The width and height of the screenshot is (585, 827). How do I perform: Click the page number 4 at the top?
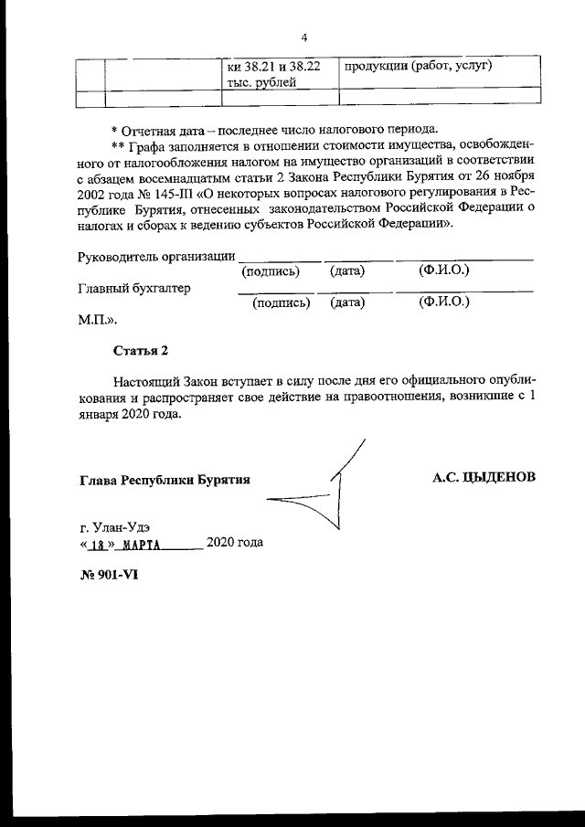pos(303,37)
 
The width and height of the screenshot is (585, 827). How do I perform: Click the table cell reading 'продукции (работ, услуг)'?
pos(418,67)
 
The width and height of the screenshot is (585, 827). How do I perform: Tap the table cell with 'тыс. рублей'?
pos(261,83)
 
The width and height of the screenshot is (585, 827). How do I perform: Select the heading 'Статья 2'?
pos(141,350)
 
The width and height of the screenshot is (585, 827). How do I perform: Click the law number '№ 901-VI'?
pos(108,574)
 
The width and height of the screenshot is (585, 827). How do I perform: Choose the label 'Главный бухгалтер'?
pos(135,288)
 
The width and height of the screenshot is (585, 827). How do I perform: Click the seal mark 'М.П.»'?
pos(98,321)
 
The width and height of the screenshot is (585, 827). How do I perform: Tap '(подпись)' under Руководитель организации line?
pos(271,271)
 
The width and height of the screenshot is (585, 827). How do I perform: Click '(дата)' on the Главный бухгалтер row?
pos(347,302)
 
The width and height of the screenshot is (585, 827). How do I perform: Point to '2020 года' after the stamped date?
pos(235,543)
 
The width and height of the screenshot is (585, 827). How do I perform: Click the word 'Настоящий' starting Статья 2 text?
pos(145,380)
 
